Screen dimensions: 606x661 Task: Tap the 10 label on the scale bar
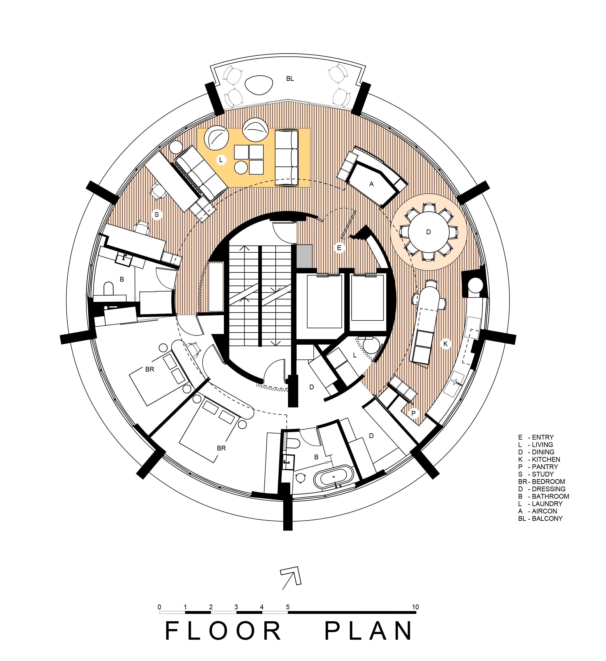coord(415,607)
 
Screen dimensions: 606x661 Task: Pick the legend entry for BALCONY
coord(540,518)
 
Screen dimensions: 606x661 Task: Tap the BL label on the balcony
coord(290,79)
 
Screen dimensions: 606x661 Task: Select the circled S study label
coord(157,215)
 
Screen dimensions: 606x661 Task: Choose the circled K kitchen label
coord(445,344)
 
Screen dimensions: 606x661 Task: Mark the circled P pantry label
coord(413,414)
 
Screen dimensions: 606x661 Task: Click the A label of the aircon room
coord(371,184)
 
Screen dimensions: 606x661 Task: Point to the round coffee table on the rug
coord(241,168)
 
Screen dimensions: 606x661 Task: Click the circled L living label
coord(221,160)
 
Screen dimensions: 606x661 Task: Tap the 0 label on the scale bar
coord(159,607)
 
